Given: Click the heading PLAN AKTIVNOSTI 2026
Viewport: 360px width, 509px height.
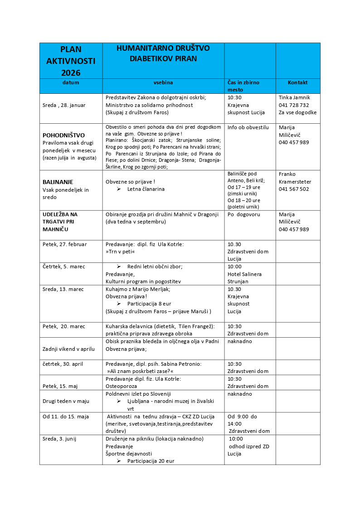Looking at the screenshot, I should tap(71, 61).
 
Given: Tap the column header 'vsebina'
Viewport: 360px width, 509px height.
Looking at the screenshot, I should tap(163, 82).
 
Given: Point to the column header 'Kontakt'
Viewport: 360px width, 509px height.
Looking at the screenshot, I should tap(297, 82).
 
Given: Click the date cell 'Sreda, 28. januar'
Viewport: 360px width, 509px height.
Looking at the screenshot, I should tap(64, 105).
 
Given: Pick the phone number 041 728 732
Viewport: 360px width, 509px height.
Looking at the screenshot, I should tap(294, 105).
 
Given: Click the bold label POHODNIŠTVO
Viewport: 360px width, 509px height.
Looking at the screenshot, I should tap(63, 135).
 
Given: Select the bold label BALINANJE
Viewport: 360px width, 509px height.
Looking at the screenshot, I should tap(58, 182).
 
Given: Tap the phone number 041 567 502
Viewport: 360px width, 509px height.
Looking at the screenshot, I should tap(294, 189).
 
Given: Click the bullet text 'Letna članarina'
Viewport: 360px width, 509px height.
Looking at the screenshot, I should tap(146, 189).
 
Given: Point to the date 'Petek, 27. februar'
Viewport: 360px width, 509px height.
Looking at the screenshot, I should tap(64, 244).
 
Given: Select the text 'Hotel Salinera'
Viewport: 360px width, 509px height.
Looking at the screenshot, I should tap(244, 274).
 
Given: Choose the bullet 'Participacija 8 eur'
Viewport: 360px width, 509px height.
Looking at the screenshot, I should tap(149, 304).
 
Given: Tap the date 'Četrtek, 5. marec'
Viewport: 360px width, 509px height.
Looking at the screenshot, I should tap(64, 267).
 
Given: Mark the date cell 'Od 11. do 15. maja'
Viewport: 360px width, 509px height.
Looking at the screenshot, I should tap(66, 417).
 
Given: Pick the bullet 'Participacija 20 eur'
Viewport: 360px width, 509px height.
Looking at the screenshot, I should tap(151, 461).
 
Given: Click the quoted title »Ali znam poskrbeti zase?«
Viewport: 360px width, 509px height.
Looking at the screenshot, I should tap(140, 371).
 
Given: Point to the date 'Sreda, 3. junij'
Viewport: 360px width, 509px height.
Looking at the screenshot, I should tap(62, 439).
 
